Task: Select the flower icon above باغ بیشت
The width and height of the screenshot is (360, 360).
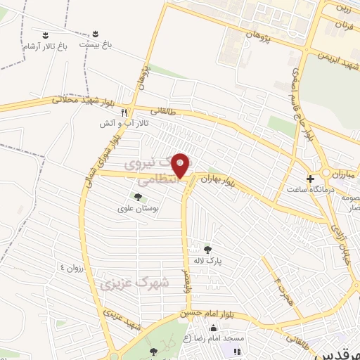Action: [96, 33]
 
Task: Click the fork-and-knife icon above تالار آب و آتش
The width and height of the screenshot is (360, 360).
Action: [124, 111]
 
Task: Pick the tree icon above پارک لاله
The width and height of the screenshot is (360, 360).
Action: [207, 249]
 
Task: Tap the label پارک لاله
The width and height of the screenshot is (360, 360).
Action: [207, 260]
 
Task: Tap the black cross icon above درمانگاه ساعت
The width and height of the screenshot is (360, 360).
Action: [310, 179]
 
